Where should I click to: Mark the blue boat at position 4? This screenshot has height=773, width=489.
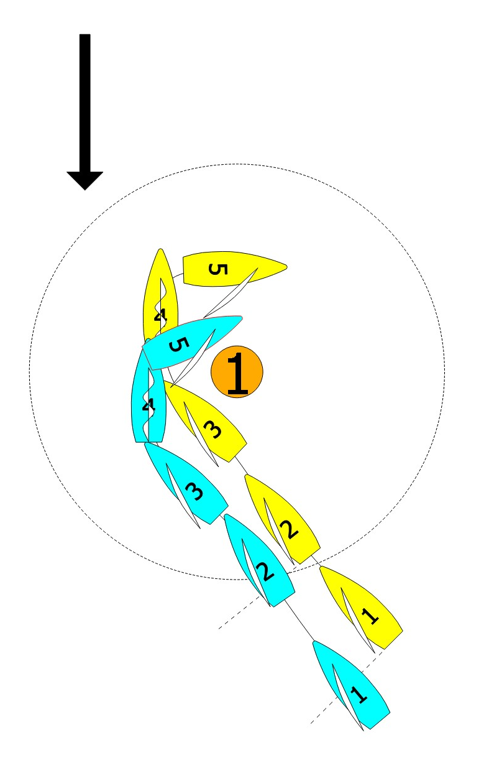point(149,404)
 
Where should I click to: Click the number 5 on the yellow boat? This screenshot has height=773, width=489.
point(217,269)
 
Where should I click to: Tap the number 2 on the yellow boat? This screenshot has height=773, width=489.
point(290,527)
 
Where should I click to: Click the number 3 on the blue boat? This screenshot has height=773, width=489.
point(194,492)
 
